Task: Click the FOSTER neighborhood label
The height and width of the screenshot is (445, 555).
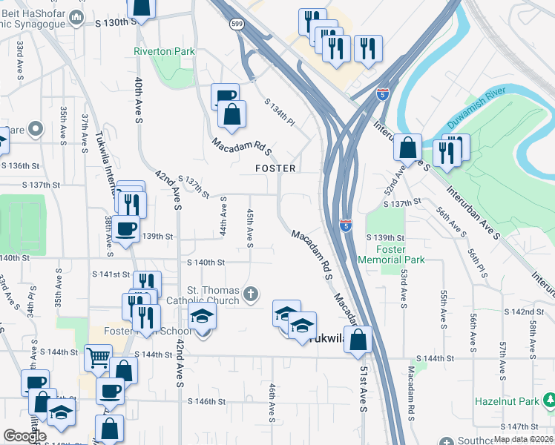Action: (276, 168)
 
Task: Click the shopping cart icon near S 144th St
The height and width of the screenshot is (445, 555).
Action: (98, 357)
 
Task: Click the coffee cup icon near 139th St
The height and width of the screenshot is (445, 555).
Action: (127, 228)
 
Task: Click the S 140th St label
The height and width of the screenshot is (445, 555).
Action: (206, 263)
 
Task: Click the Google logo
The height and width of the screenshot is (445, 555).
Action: (24, 436)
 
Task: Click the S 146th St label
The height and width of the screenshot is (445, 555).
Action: (206, 401)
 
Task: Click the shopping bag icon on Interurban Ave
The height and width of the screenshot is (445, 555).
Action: (408, 147)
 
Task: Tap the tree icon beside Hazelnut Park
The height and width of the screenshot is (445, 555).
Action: (548, 401)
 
